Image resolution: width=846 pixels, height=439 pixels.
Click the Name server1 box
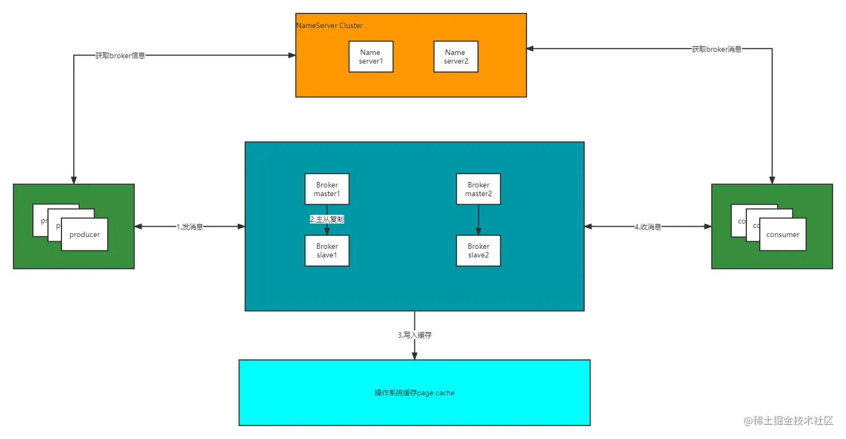click(x=370, y=56)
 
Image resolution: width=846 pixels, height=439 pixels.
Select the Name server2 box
click(x=455, y=56)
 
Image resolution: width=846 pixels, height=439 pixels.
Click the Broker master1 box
click(x=327, y=188)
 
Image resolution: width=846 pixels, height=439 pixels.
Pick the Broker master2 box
click(x=478, y=188)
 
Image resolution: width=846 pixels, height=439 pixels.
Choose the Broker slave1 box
click(x=327, y=251)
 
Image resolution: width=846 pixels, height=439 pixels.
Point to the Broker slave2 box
click(x=478, y=251)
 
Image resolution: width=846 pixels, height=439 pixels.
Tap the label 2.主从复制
click(x=327, y=220)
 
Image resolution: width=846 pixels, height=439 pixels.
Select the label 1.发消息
click(x=190, y=228)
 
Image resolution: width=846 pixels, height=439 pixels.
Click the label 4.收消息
click(x=647, y=228)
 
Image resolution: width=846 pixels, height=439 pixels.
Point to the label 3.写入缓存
click(x=414, y=335)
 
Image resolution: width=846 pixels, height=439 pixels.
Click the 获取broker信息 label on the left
click(x=119, y=55)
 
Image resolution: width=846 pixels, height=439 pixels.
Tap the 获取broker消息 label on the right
click(x=717, y=49)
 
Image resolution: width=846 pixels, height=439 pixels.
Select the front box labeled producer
click(x=84, y=234)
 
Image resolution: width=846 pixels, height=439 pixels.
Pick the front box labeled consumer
click(x=783, y=234)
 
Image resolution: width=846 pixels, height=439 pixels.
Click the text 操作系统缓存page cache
click(x=415, y=393)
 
